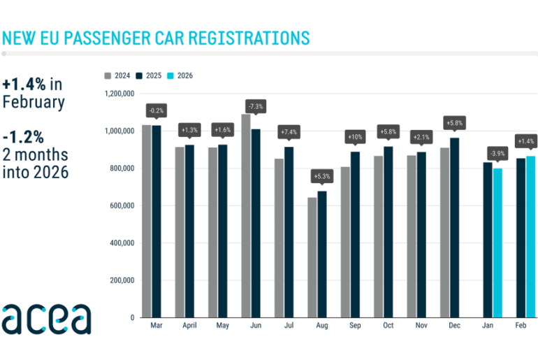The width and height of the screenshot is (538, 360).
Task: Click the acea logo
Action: coord(46,319)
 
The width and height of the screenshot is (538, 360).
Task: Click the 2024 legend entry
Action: coord(118,75)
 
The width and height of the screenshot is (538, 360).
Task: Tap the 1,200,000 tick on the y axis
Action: coord(119,94)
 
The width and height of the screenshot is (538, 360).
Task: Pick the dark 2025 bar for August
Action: coord(322,254)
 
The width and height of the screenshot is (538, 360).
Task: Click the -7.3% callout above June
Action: coord(255,106)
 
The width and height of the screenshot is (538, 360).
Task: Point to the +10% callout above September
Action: coord(355,136)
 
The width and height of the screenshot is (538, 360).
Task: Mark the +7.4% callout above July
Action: coord(289,131)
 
